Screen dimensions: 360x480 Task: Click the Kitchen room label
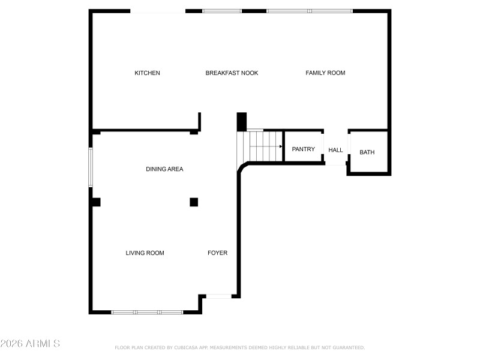pos(147,73)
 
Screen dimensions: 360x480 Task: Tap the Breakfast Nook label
pos(232,73)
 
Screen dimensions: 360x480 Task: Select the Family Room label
pos(325,73)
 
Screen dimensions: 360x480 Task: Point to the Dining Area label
pos(164,169)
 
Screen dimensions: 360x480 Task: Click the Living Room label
pos(145,253)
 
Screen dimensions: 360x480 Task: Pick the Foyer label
pos(217,253)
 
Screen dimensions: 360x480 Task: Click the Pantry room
pos(303,149)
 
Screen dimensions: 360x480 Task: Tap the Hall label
pos(335,150)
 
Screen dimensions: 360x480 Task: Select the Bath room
pos(367,152)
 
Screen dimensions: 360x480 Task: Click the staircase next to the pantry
pos(259,146)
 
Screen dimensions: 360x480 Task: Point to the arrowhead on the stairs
pos(280,146)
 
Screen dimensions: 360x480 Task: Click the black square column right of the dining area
pos(194,202)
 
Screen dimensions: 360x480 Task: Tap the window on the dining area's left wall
pos(91,167)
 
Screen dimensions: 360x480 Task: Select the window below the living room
pos(147,312)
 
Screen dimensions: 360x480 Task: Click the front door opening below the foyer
pos(218,296)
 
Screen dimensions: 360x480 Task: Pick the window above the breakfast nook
pos(221,11)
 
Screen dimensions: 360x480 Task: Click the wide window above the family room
pos(309,11)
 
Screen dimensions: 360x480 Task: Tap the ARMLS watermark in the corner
pos(30,344)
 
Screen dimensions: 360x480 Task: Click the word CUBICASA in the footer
pos(187,347)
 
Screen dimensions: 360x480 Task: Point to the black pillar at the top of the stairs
pos(242,122)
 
